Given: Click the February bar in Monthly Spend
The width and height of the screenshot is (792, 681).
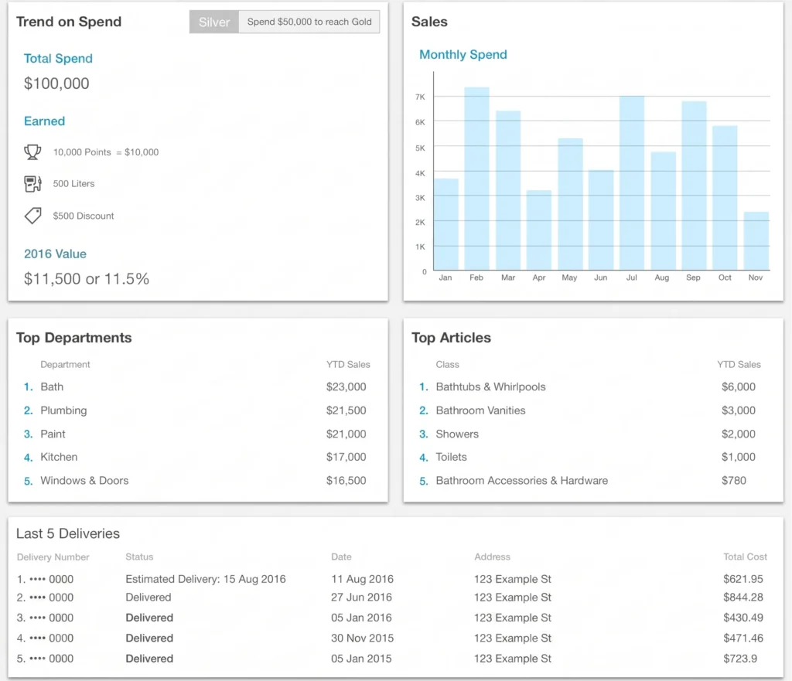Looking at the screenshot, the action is coord(476,179).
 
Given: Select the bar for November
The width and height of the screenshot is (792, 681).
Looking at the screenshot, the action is coord(756,241).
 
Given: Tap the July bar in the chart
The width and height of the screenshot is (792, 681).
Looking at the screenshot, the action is coord(632,182).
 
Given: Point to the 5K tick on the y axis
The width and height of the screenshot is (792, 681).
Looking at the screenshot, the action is coord(420,148).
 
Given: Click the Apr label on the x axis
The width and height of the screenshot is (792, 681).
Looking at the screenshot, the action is coord(539,278).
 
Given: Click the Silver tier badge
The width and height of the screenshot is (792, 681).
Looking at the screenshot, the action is coord(214,22).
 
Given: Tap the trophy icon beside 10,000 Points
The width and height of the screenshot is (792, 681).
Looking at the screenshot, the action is coord(32,152).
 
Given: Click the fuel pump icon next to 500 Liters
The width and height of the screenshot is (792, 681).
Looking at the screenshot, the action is coord(32,184).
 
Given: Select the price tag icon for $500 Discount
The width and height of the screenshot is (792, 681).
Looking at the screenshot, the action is coord(32,216).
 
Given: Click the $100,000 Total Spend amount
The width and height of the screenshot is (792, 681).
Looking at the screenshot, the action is coord(56,83).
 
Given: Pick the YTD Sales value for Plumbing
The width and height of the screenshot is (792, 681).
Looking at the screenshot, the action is coord(346,410).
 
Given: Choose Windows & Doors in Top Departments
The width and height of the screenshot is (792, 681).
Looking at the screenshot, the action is coord(84,481).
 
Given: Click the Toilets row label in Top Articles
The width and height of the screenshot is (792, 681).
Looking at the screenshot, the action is coord(451,457).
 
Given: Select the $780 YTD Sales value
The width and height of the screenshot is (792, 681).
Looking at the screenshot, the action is coord(734,481).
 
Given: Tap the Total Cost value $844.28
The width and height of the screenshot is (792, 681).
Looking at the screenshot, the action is coord(743,598).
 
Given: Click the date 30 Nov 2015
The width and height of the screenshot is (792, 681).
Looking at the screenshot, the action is coord(362,638).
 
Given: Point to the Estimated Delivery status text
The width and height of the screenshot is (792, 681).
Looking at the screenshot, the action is coord(206,579).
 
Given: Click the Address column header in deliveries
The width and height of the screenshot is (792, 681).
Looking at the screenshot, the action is coord(492,557).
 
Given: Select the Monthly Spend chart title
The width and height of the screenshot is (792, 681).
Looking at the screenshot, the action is coord(463,55).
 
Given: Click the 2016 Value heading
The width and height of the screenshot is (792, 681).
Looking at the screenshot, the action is coord(55,254).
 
